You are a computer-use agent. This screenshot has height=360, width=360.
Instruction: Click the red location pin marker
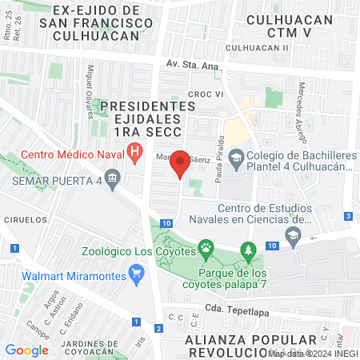[181, 163]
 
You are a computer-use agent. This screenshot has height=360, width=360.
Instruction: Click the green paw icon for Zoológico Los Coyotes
[207, 249]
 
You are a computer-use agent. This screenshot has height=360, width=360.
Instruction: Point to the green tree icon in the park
[250, 250]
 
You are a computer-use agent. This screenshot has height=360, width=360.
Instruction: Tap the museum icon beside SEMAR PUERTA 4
[113, 177]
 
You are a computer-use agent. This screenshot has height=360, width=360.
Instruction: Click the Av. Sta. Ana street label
[192, 66]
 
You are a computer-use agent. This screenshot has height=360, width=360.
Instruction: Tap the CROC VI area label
[204, 94]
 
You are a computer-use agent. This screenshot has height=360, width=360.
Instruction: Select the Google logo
[26, 350]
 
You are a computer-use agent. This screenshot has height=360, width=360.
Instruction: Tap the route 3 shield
[349, 216]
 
